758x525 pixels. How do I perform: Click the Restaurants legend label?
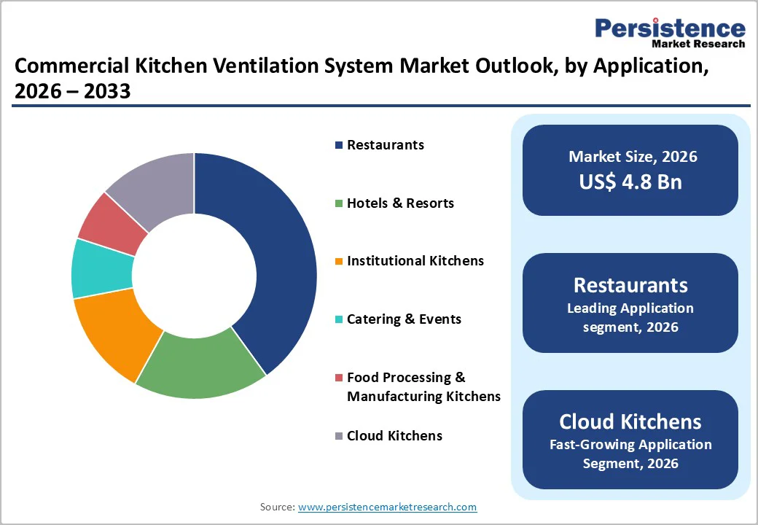click(x=385, y=145)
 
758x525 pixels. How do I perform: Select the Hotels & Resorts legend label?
click(x=400, y=203)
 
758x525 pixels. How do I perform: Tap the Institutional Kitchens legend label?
click(x=415, y=261)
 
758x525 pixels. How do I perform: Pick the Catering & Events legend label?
click(x=404, y=319)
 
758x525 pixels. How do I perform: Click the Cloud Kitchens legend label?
click(x=394, y=436)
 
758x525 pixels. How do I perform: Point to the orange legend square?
click(x=339, y=262)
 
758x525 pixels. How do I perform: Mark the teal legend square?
click(x=339, y=320)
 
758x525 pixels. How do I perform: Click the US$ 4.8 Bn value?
click(x=630, y=182)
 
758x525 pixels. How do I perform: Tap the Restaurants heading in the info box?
click(x=630, y=285)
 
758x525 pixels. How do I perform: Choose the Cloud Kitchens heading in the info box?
click(x=630, y=421)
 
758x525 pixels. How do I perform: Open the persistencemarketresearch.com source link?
click(x=387, y=507)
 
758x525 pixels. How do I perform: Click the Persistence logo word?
click(x=670, y=28)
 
